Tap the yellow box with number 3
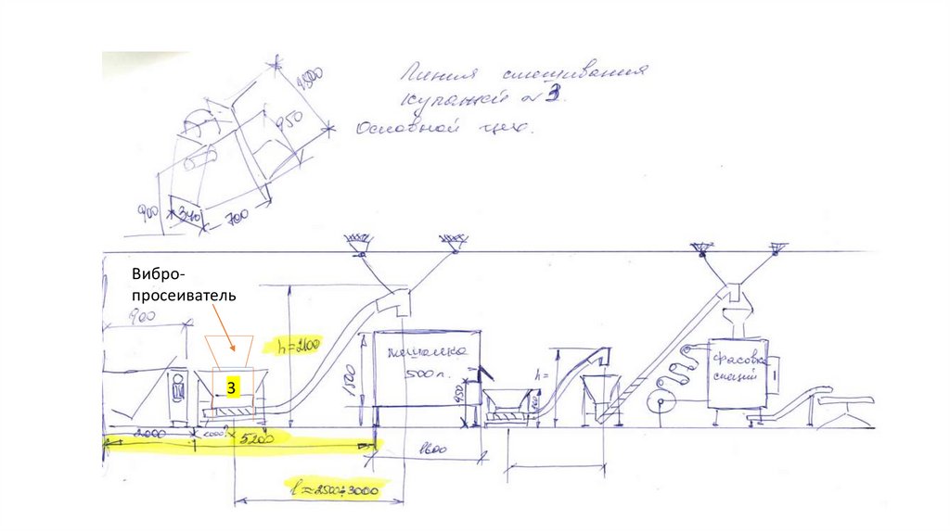coord(234,384)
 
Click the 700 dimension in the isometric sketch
coord(237,219)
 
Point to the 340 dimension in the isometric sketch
coord(190,214)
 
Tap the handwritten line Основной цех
coord(443,130)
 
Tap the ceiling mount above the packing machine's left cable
coord(700,247)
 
